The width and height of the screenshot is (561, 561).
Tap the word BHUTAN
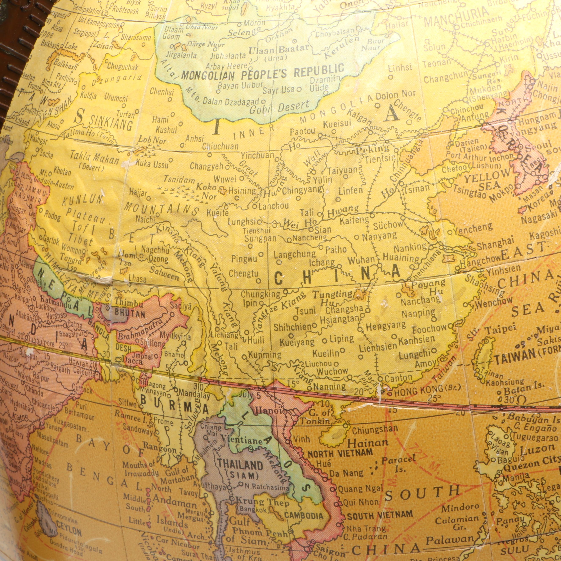coord(130,314)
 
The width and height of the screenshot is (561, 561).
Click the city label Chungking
coord(261,294)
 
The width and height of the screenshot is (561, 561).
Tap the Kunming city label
coord(265,355)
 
